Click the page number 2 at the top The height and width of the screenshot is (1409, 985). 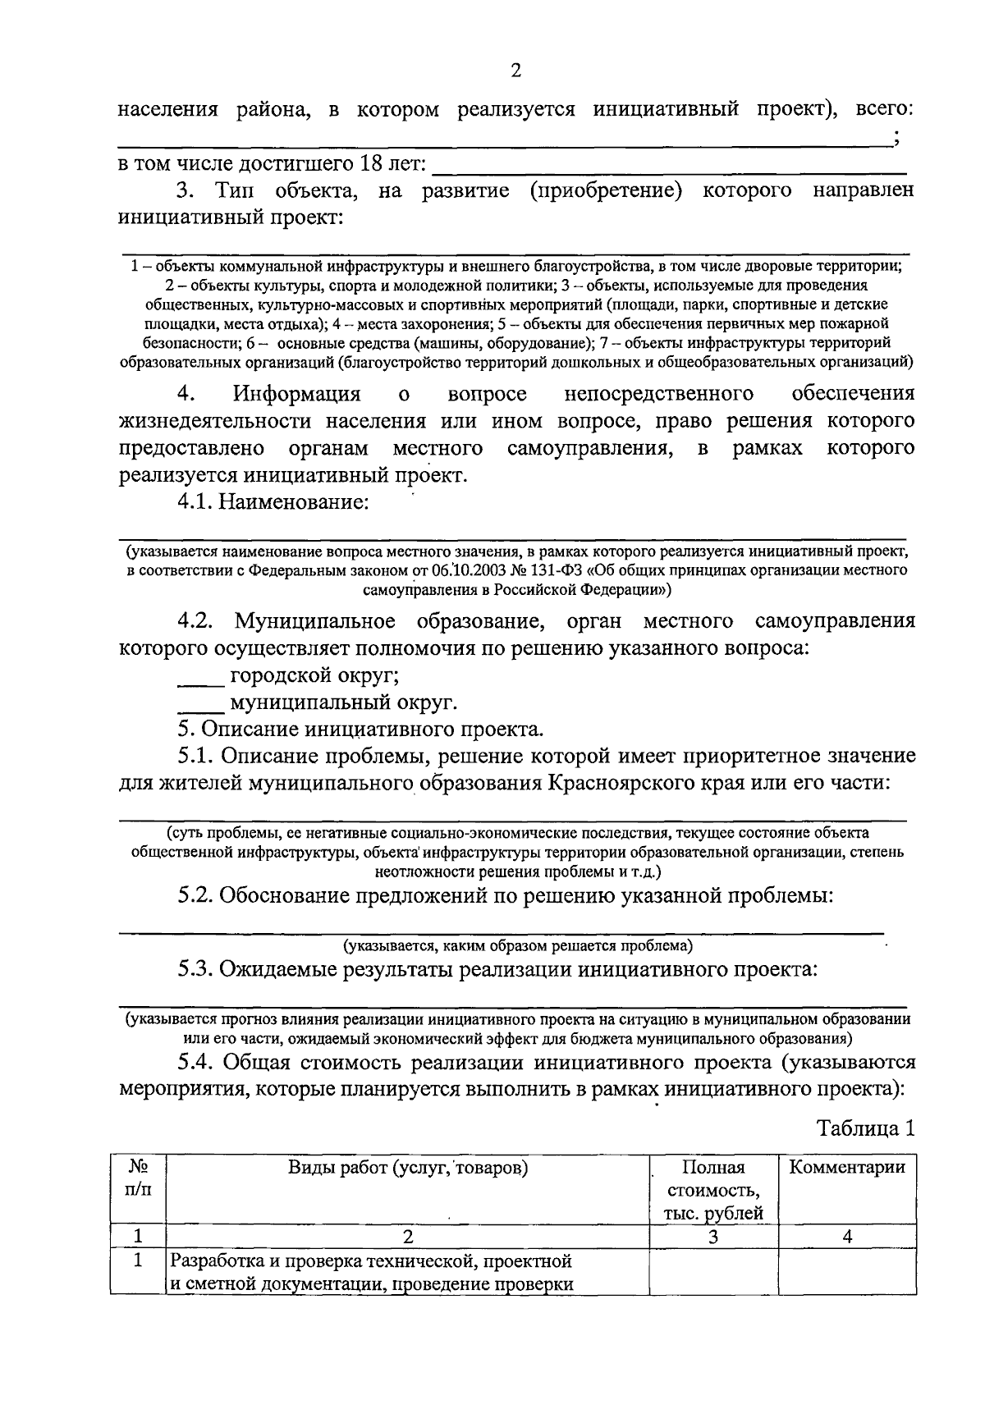pyautogui.click(x=515, y=71)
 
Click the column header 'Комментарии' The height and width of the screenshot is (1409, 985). pyautogui.click(x=846, y=1167)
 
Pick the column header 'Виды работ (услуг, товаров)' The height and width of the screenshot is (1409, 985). pyautogui.click(x=407, y=1167)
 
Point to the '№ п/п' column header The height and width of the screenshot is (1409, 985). pyautogui.click(x=138, y=1178)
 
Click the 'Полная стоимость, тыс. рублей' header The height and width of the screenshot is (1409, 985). pyautogui.click(x=712, y=1190)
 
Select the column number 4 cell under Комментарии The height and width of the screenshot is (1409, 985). pyautogui.click(x=846, y=1236)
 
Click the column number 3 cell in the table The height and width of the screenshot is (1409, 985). pyautogui.click(x=712, y=1236)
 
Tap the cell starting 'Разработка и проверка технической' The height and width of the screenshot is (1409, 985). pyautogui.click(x=370, y=1271)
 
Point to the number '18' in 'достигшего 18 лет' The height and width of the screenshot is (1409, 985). pyautogui.click(x=371, y=163)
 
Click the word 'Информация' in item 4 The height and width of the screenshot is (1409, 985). pyautogui.click(x=296, y=394)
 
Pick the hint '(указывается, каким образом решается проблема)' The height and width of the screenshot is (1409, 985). pyautogui.click(x=517, y=945)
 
